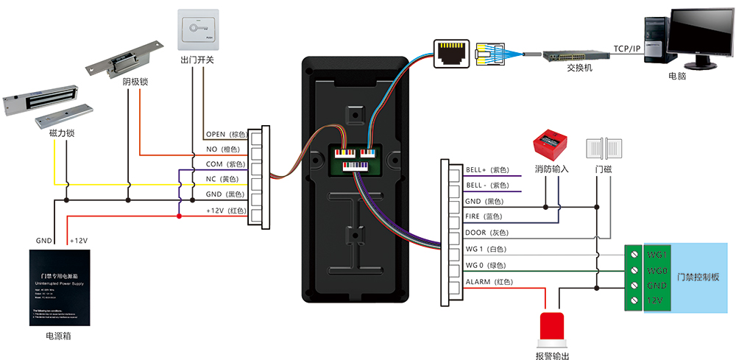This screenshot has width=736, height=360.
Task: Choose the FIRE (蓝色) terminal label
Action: click(483, 216)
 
